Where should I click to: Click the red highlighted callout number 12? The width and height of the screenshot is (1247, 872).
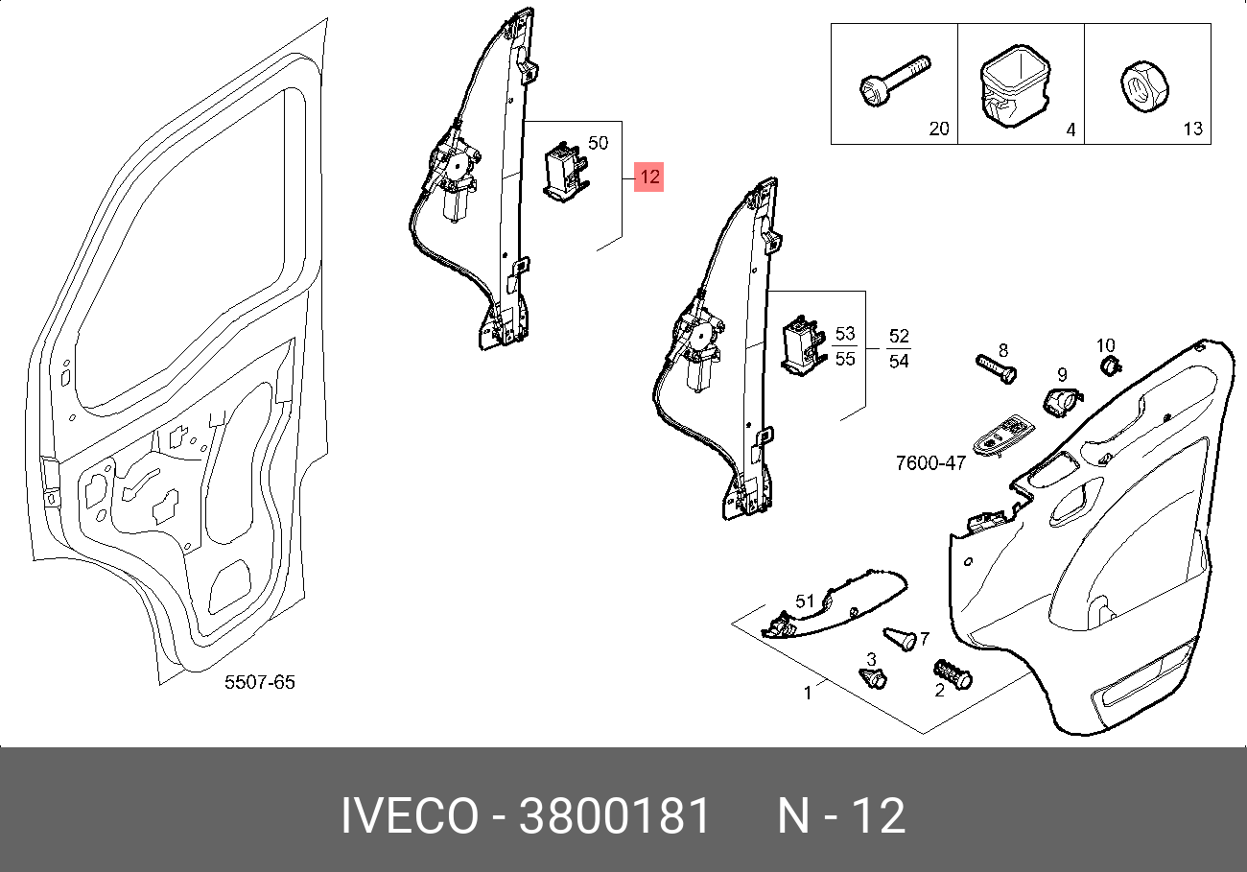click(x=649, y=177)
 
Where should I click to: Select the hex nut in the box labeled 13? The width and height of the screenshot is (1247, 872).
click(x=1144, y=87)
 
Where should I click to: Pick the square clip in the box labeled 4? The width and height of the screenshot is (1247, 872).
click(x=1015, y=87)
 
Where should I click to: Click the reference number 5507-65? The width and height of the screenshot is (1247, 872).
click(x=259, y=682)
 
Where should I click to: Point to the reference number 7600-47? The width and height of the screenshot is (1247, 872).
click(x=930, y=463)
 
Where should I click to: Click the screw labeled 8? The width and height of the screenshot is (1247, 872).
click(x=997, y=369)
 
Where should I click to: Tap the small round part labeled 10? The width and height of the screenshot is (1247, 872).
click(x=1110, y=365)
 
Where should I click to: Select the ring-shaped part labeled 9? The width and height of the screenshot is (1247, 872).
click(x=1061, y=402)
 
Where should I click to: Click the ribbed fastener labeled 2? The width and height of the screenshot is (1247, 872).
click(x=953, y=674)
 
